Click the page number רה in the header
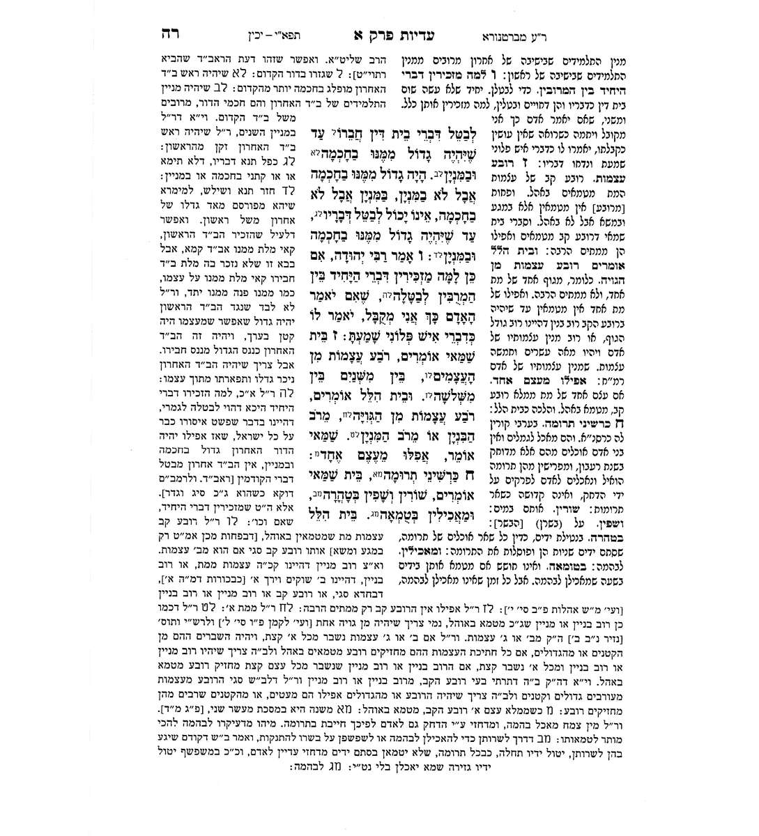tap(167, 33)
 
